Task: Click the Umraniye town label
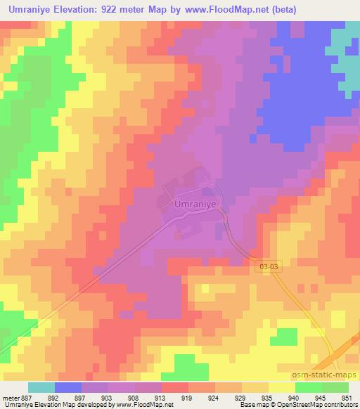[192, 204]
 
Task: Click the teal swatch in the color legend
[41, 387]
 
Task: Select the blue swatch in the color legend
[68, 387]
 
